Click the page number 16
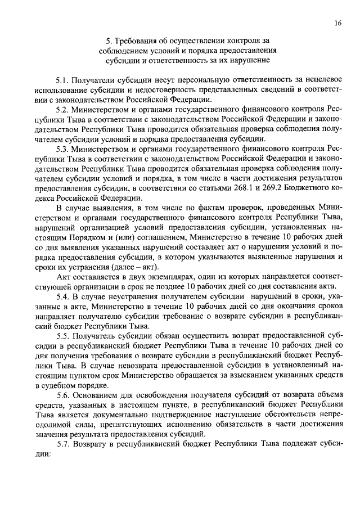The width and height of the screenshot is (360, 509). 336,23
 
